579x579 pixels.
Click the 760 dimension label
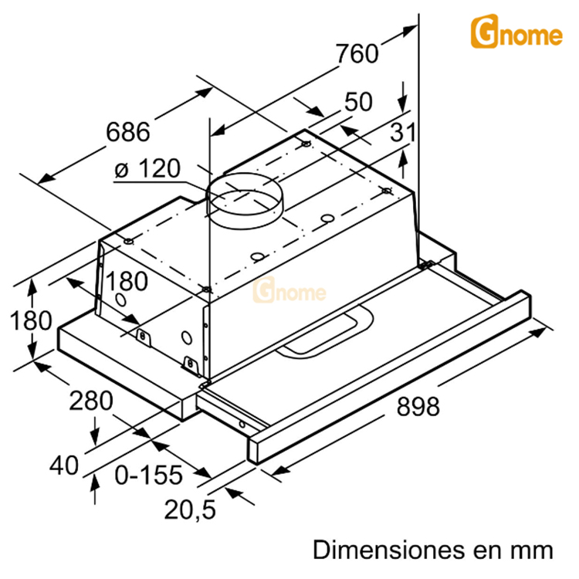click(357, 53)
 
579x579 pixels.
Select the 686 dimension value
click(127, 132)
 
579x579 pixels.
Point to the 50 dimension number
click(358, 102)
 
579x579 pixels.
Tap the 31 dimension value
click(402, 133)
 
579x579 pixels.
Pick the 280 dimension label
click(91, 401)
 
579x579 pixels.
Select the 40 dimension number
click(64, 465)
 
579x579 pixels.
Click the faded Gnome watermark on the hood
click(290, 293)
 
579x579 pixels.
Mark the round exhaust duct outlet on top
click(245, 199)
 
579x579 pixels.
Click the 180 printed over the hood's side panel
click(127, 282)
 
